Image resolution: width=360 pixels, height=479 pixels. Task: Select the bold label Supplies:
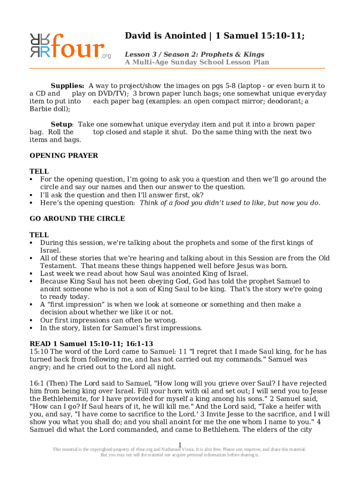pos(67,86)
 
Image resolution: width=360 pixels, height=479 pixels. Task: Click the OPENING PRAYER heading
pos(64,156)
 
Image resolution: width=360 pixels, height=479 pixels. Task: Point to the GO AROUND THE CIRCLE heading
pos(77,218)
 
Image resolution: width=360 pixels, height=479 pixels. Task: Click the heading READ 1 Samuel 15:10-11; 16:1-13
pos(91,344)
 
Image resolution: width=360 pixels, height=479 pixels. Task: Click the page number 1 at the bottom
pos(180,444)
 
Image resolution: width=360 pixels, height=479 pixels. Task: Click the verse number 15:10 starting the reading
pos(39,352)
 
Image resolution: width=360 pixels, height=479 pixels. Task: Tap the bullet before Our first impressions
pos(31,320)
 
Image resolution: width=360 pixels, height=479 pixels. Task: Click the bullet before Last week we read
pos(31,274)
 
